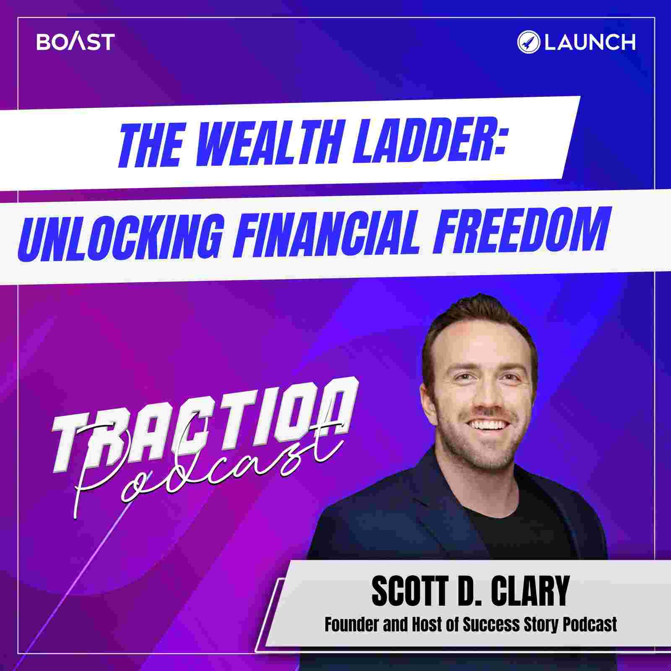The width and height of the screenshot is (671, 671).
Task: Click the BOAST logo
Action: pos(75,42)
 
